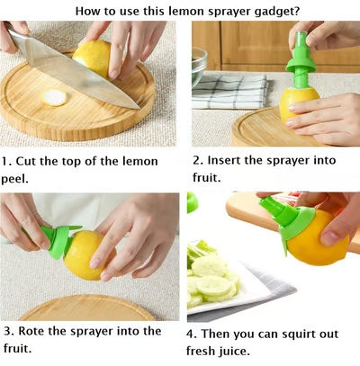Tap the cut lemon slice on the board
point(55,97)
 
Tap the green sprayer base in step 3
point(57,242)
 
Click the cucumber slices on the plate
point(211,274)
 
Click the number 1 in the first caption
point(5,162)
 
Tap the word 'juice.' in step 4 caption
point(230,351)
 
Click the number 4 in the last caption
point(191,334)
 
